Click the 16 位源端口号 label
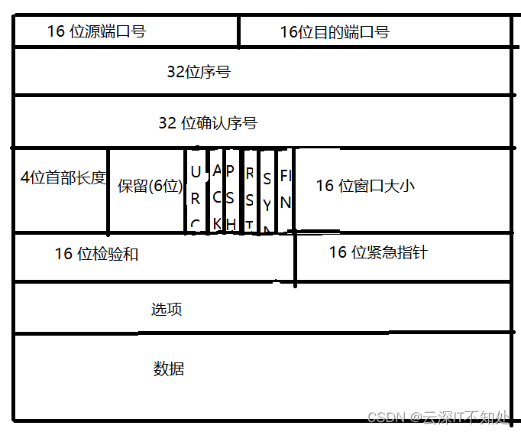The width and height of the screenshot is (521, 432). (x=96, y=31)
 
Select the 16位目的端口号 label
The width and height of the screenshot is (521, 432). (x=335, y=32)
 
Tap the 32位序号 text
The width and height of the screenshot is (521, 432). (x=199, y=73)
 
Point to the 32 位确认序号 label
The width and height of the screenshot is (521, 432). (x=207, y=122)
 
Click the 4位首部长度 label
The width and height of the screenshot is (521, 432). (x=63, y=177)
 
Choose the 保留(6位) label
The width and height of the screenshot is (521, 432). (x=150, y=186)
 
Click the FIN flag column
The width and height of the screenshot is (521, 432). (x=285, y=190)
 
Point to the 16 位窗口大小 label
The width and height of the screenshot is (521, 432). (x=365, y=185)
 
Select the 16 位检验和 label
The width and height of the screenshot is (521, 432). (x=96, y=254)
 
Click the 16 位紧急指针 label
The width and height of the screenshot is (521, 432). (x=377, y=252)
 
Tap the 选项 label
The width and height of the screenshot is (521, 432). (x=167, y=310)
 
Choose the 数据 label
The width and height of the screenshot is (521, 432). (x=169, y=369)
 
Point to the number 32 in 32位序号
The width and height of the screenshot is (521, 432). (x=176, y=73)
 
